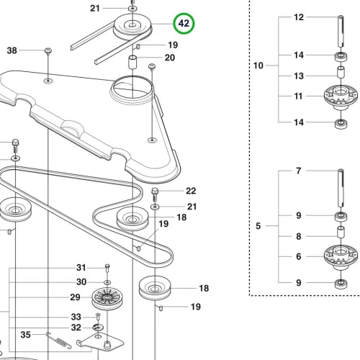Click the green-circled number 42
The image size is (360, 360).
coord(184,24)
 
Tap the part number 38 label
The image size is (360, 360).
coord(12,50)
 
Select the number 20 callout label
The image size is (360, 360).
coord(170,58)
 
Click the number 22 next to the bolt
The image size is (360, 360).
coord(191,191)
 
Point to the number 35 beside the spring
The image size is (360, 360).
coord(25,335)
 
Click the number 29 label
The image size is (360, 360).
coord(75,297)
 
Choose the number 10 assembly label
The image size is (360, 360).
coord(258,66)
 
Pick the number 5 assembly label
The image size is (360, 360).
coord(258,226)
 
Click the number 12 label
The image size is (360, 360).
coord(299,17)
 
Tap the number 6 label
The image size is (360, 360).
coord(298,256)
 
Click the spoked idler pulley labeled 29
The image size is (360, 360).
coord(107,298)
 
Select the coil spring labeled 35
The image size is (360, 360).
coord(60,340)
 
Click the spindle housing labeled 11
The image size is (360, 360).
coord(341,96)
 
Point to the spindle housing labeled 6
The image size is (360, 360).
coord(341,257)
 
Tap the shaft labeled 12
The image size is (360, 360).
coord(341,31)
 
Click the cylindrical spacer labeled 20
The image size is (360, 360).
coord(132,62)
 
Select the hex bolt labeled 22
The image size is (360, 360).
coord(155,194)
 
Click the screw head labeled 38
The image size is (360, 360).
coord(48,51)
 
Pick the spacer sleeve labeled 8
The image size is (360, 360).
coord(341,232)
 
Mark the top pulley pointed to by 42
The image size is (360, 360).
coord(132,26)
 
